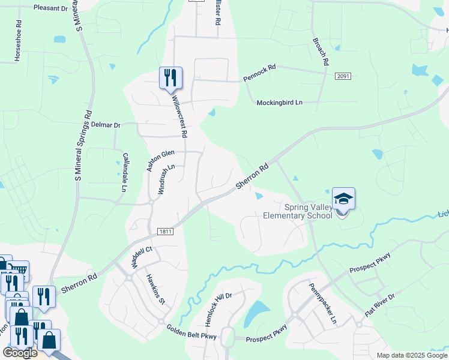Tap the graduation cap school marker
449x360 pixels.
(x=343, y=199)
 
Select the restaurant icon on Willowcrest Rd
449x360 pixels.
(x=170, y=78)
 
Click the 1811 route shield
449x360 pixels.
(x=166, y=232)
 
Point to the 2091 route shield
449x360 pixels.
(x=343, y=76)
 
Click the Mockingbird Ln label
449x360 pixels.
(x=279, y=103)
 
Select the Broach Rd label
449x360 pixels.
(x=321, y=52)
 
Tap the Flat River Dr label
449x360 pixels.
(x=381, y=306)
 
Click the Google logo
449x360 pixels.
(x=20, y=353)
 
